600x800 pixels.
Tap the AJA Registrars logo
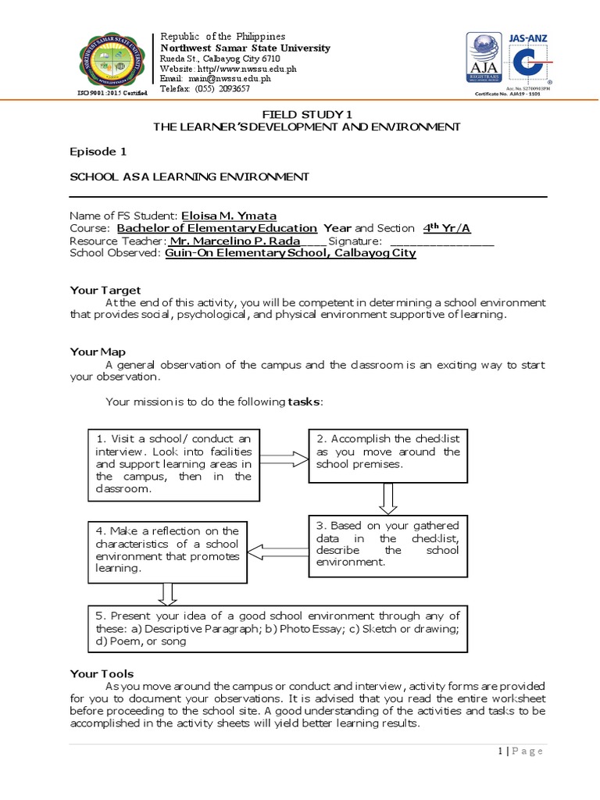486,62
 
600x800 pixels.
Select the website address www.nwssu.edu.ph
234,69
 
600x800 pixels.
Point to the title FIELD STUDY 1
299,113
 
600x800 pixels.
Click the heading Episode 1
98,152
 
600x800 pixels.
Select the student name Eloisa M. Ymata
229,216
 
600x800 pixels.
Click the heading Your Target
105,290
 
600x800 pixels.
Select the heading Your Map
98,352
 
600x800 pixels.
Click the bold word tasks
304,402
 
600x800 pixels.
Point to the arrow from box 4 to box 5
166,594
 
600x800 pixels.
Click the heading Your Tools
102,673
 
